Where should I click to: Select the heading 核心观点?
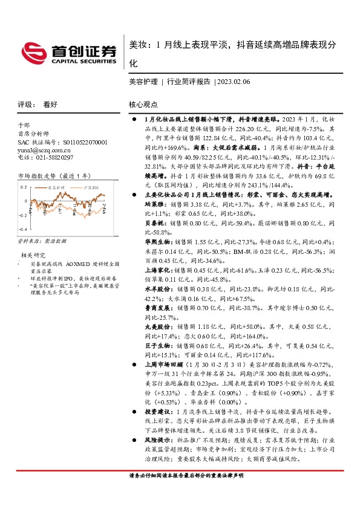(x=143, y=104)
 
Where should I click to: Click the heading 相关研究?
(x=34, y=254)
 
